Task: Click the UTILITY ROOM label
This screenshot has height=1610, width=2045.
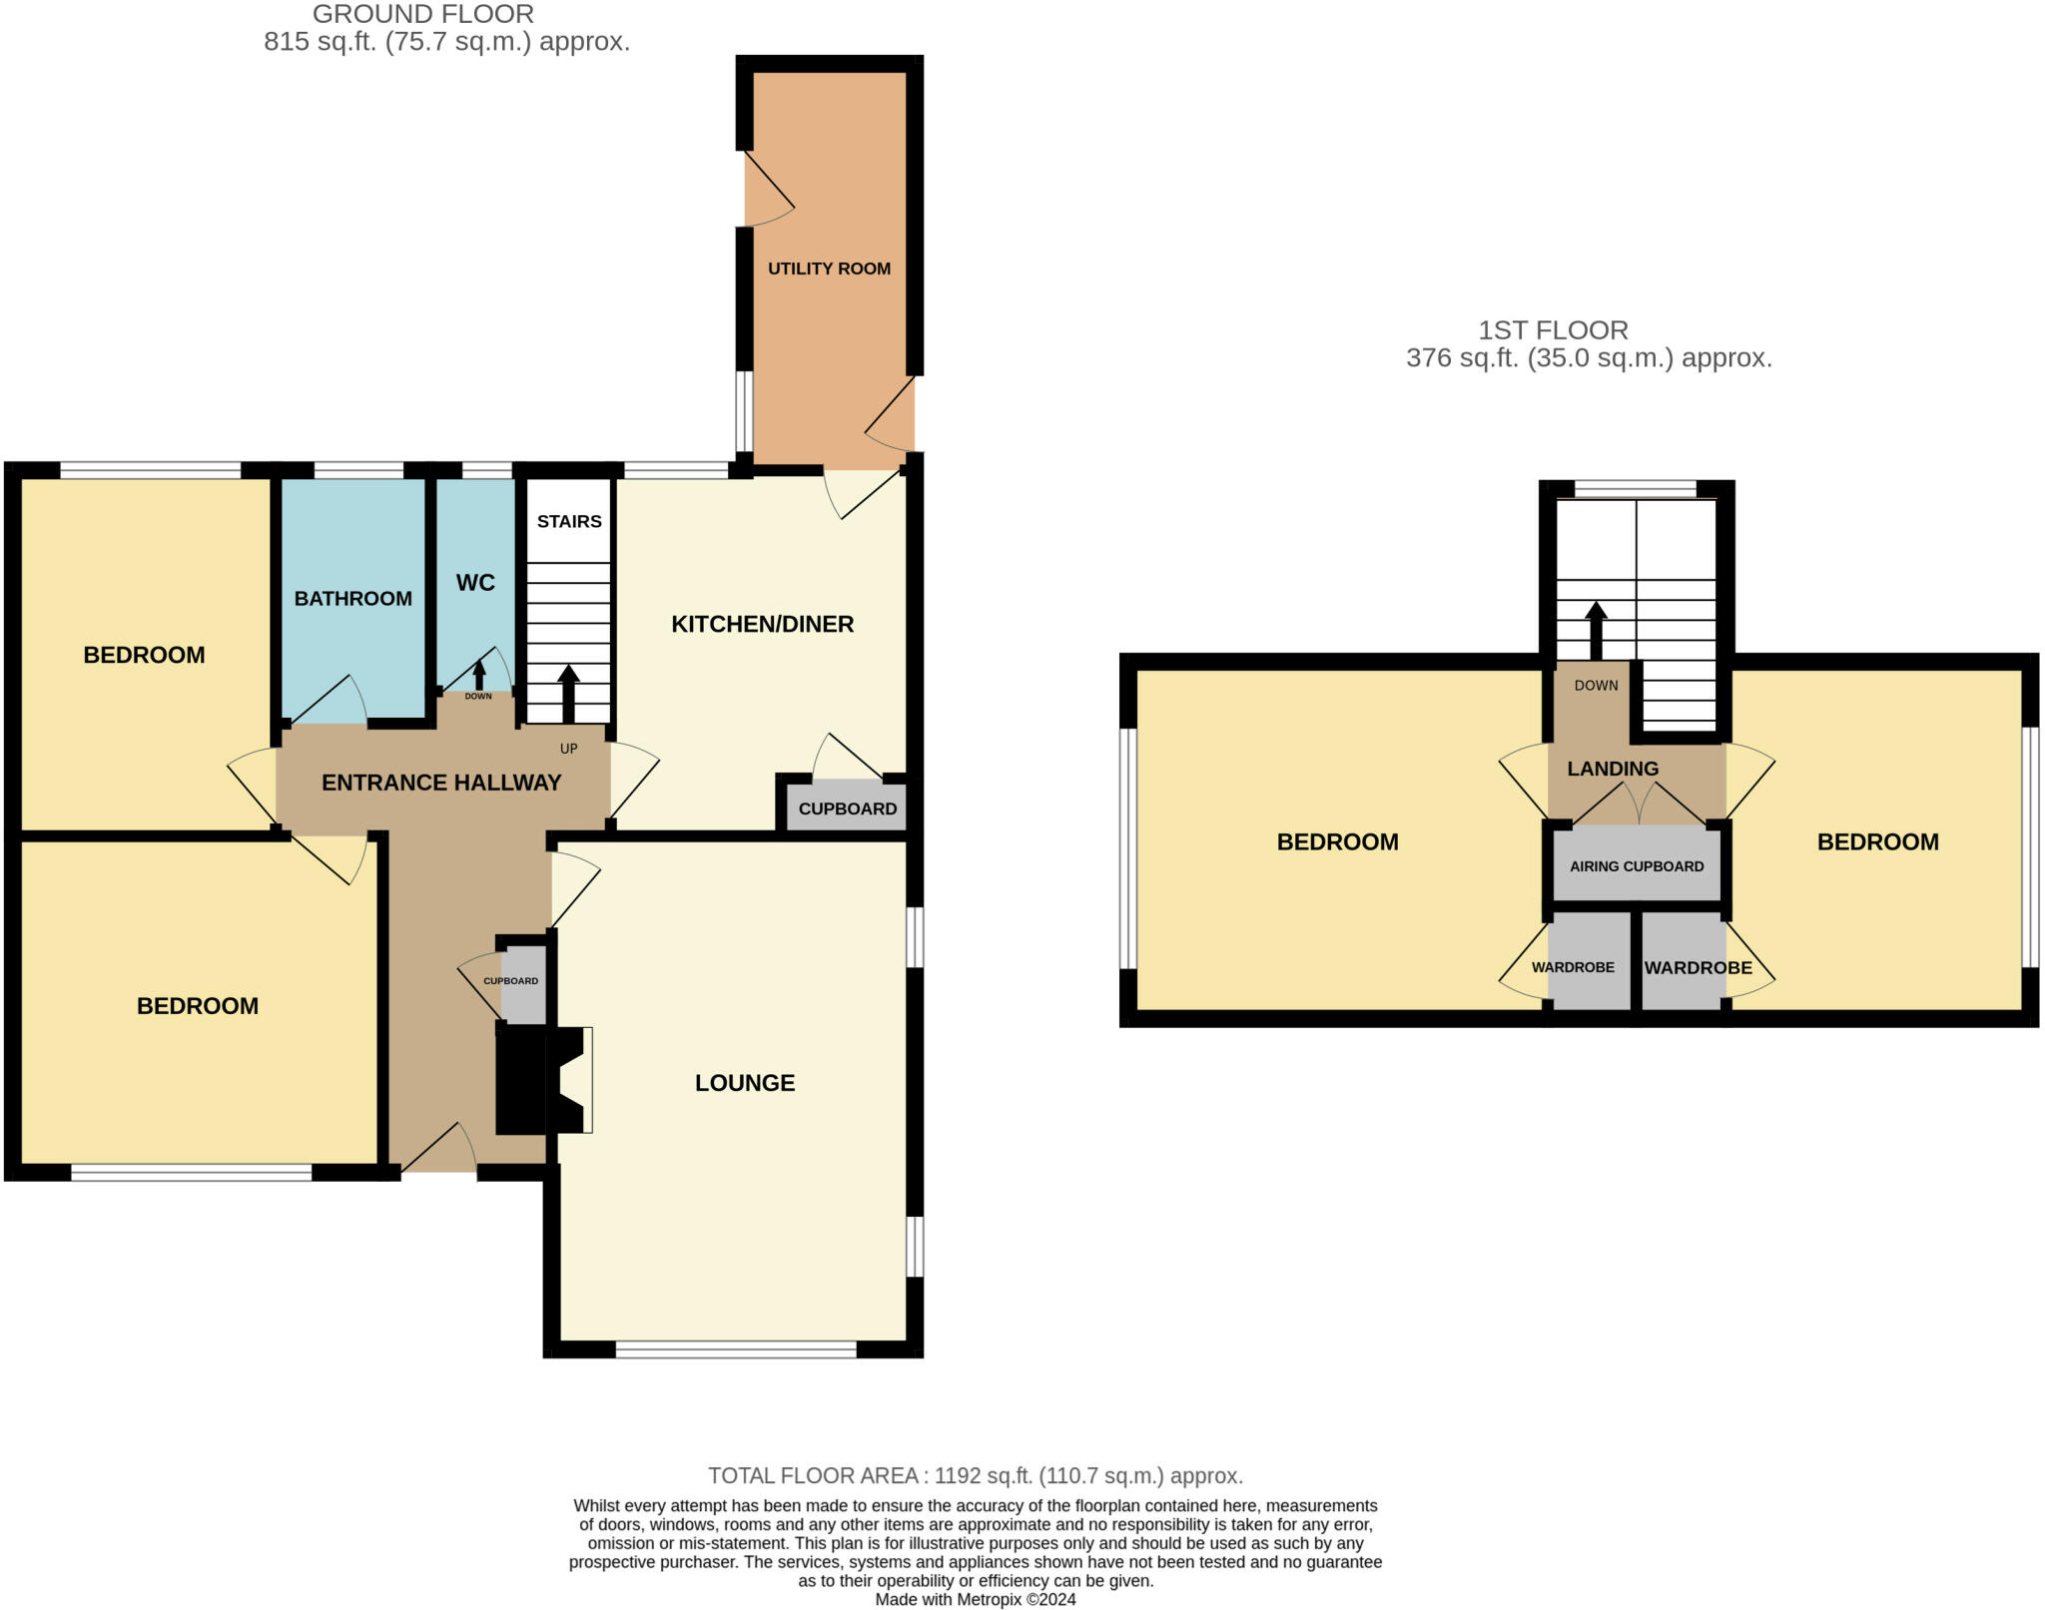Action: coord(829,268)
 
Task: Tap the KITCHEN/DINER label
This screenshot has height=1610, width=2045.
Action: coord(762,624)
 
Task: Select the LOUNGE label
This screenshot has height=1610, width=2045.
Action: coord(745,1083)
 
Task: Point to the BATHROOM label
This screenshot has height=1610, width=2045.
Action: coord(352,598)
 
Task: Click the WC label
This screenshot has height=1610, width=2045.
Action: coord(475,583)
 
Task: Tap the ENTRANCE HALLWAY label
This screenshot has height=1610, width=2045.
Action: coord(441,783)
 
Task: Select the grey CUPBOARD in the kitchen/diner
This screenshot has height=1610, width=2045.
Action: coord(847,808)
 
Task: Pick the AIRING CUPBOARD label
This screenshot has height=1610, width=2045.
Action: coord(1637,866)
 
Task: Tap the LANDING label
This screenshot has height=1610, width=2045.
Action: coord(1613,769)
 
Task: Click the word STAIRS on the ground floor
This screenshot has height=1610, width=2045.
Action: coord(569,521)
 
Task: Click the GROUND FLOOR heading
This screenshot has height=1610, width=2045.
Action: coord(423,14)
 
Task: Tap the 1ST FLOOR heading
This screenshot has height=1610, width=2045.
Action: coord(1553,330)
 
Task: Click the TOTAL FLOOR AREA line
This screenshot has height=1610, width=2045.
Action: coord(976,1475)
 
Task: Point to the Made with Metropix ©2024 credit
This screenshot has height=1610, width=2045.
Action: coord(976,1599)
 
